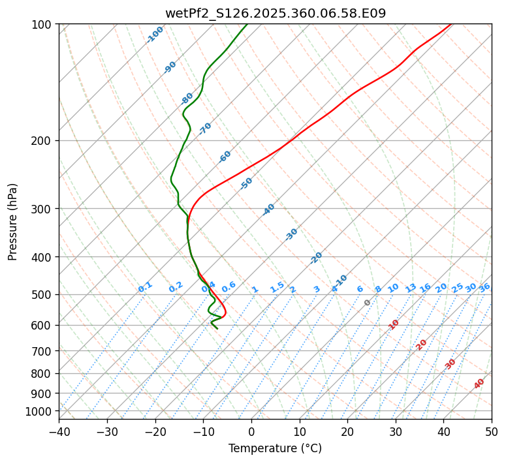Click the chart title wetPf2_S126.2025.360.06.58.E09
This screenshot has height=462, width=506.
pyautogui.click(x=275, y=12)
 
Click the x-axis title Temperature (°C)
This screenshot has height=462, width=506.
pyautogui.click(x=275, y=449)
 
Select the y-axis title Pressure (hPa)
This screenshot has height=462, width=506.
pyautogui.click(x=13, y=222)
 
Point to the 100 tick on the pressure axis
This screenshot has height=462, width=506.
pyautogui.click(x=42, y=25)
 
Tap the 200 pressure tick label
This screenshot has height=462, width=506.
pyautogui.click(x=42, y=141)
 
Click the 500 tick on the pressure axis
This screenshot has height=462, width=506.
pyautogui.click(x=42, y=295)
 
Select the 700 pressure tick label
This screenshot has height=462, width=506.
pyautogui.click(x=42, y=351)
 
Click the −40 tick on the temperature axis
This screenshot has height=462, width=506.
pyautogui.click(x=59, y=432)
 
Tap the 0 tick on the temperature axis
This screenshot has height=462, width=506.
pyautogui.click(x=251, y=432)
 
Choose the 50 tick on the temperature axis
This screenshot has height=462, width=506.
pyautogui.click(x=492, y=432)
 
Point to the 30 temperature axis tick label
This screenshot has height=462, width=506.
pyautogui.click(x=396, y=432)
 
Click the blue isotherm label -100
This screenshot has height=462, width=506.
pyautogui.click(x=155, y=34)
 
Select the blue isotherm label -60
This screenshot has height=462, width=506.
pyautogui.click(x=225, y=157)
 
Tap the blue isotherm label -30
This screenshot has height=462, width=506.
pyautogui.click(x=291, y=234)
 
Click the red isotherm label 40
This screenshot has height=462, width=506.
pyautogui.click(x=479, y=384)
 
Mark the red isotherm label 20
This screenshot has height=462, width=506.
pyautogui.click(x=422, y=344)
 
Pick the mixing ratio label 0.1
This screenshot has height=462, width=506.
pyautogui.click(x=146, y=286)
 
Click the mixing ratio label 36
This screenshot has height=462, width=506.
pyautogui.click(x=484, y=288)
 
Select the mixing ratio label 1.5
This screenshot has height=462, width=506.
pyautogui.click(x=277, y=286)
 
